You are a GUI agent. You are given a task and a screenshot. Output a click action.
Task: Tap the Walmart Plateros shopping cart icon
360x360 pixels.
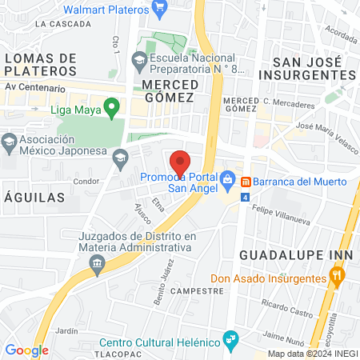pyautogui.click(x=160, y=9)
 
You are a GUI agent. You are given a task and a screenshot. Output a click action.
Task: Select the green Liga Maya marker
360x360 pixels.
pyautogui.click(x=112, y=105)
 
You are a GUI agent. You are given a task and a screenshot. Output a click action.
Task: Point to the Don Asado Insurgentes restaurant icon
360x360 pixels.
pyautogui.click(x=337, y=278)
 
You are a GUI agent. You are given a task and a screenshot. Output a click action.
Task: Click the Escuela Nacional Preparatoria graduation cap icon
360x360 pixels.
pyautogui.click(x=139, y=60)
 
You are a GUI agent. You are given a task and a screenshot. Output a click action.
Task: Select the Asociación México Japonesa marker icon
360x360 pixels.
pyautogui.click(x=9, y=144)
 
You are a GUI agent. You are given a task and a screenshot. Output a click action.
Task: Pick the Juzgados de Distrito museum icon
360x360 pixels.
pyautogui.click(x=98, y=264)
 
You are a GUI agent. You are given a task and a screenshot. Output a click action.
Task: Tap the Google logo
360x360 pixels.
pyautogui.click(x=26, y=350)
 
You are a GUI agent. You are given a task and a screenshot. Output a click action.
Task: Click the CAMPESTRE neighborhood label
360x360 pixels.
pyautogui.click(x=197, y=291)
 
